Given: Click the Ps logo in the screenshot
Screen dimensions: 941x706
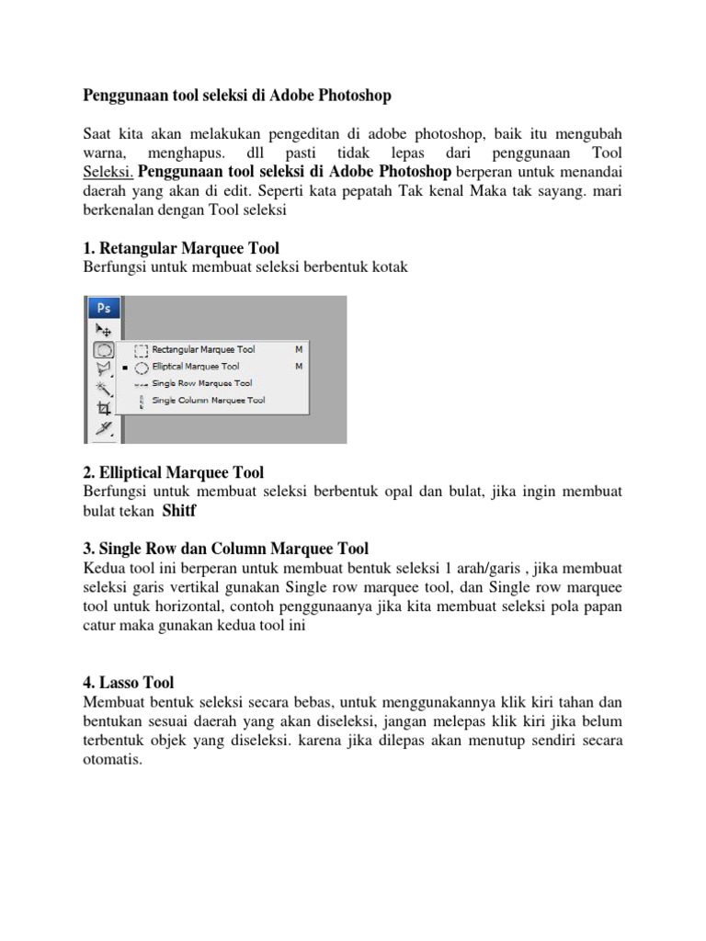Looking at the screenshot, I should click(104, 307).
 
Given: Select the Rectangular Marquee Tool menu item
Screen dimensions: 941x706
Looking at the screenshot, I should click(203, 350).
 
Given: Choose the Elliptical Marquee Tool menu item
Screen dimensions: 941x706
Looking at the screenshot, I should click(197, 367).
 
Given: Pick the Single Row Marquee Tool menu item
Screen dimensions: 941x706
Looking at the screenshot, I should click(201, 383).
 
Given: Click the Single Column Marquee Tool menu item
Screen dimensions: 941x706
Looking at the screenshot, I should click(208, 401).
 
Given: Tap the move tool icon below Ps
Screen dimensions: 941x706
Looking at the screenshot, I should click(103, 328).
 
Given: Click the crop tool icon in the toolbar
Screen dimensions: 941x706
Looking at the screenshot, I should click(103, 407).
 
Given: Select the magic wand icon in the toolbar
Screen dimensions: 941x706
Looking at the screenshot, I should click(103, 389).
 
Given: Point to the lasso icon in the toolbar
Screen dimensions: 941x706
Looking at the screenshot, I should click(103, 368).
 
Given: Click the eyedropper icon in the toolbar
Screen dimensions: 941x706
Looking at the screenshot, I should click(103, 427).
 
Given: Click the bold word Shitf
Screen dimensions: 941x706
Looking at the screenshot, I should click(179, 511).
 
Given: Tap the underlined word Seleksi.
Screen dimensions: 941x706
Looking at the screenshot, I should click(108, 173).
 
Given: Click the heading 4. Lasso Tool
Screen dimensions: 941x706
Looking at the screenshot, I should click(128, 683).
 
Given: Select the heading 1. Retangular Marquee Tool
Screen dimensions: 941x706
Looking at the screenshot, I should click(181, 248).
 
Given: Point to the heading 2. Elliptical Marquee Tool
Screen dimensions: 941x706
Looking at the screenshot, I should click(173, 472).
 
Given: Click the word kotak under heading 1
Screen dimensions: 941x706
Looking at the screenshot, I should click(388, 267).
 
